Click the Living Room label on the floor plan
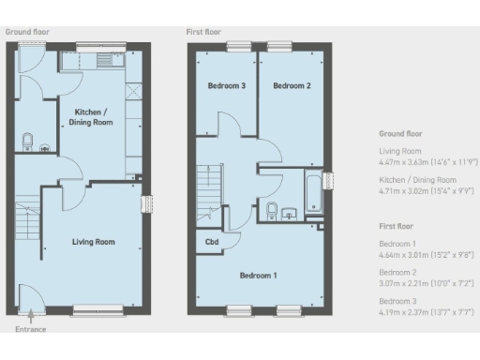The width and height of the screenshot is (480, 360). pyautogui.click(x=94, y=242)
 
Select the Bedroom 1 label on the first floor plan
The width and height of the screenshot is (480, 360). pyautogui.click(x=258, y=276)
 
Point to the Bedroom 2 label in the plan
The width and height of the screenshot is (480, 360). pyautogui.click(x=291, y=86)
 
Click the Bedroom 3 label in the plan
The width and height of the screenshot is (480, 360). pyautogui.click(x=227, y=86)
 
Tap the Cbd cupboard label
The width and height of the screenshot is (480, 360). pyautogui.click(x=213, y=241)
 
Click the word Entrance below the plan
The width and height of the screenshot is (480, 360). pyautogui.click(x=29, y=329)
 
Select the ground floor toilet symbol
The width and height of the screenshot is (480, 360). pyautogui.click(x=27, y=142)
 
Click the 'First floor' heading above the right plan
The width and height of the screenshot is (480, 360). pyautogui.click(x=206, y=32)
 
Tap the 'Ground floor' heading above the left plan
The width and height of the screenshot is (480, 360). pyautogui.click(x=28, y=32)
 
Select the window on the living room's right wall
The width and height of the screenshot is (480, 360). pyautogui.click(x=144, y=205)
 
